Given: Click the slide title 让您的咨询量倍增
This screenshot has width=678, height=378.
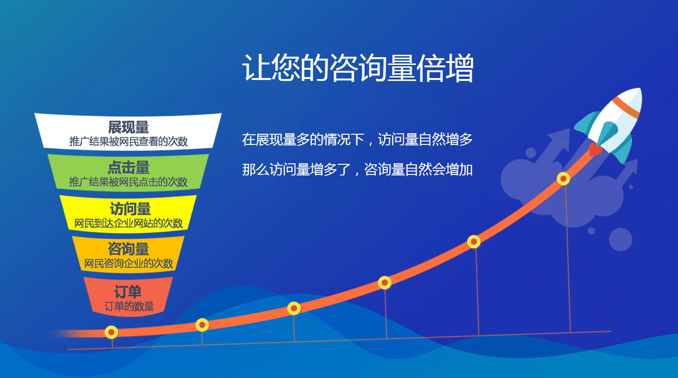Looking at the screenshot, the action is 358,68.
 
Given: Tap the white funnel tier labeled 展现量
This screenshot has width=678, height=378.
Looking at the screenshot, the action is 128,131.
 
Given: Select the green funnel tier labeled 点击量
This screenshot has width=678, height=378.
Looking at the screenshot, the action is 128,172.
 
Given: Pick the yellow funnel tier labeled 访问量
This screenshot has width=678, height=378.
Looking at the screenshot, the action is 128,213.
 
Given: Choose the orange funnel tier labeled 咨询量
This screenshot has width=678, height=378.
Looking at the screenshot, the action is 128,254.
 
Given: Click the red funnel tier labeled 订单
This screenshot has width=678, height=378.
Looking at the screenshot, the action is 128,297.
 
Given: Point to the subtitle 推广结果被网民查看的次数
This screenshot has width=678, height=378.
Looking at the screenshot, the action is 128,142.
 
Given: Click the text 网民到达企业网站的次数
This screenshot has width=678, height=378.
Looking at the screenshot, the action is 128,223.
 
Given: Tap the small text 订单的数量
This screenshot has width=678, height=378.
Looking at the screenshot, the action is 129,306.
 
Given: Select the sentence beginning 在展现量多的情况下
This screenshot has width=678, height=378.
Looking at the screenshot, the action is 357,140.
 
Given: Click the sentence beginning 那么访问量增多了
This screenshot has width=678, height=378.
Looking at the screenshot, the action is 357,169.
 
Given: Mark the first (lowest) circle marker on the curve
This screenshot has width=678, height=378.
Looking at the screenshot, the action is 111,332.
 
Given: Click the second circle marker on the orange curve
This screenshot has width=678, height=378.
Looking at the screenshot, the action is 202,325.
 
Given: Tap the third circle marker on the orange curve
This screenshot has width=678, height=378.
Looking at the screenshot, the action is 293,308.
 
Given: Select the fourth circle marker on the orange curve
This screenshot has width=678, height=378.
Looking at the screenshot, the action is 385,283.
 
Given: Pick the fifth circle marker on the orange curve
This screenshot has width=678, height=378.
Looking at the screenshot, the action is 474,242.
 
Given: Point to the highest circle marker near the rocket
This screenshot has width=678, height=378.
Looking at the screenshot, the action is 563,179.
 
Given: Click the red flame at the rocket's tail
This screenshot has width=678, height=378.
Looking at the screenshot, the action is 595,150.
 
